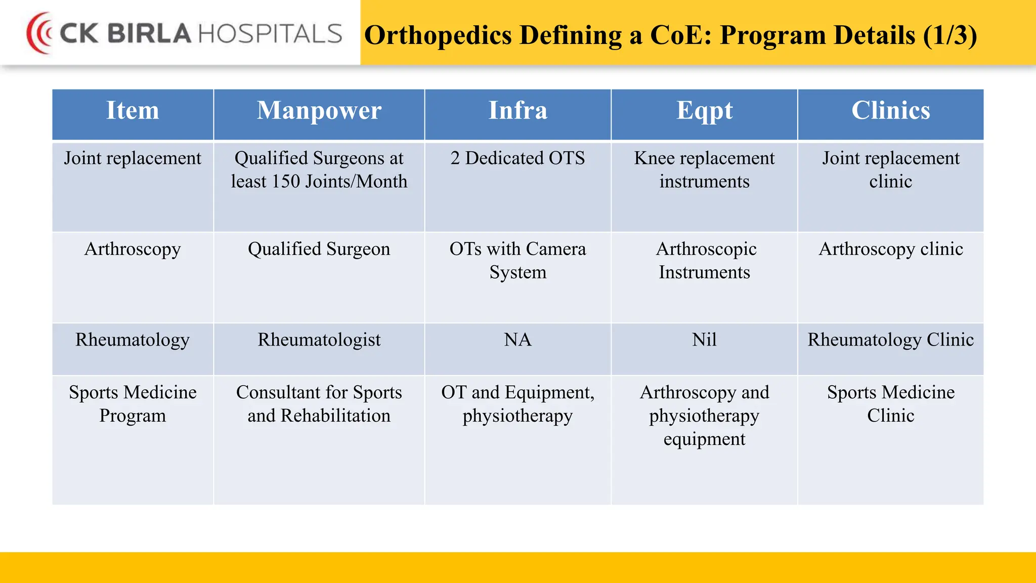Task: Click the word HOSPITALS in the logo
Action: tap(270, 34)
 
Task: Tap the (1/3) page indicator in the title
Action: tap(949, 35)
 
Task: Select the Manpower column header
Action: tap(319, 111)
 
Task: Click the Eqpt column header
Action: tap(704, 111)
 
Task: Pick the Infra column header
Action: tap(517, 111)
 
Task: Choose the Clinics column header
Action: tap(890, 111)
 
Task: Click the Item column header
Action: tap(133, 111)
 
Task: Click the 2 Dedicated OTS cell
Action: tap(517, 158)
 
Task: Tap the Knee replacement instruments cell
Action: tap(704, 170)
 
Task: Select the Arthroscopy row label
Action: tap(133, 249)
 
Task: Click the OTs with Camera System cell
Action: tap(517, 261)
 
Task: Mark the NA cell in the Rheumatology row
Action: tap(517, 340)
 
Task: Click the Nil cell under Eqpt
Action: tap(704, 340)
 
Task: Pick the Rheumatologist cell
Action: tap(319, 340)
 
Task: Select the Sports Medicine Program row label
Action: tap(133, 404)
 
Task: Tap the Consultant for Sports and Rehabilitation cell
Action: tap(319, 404)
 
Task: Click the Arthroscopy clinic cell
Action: tap(890, 249)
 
